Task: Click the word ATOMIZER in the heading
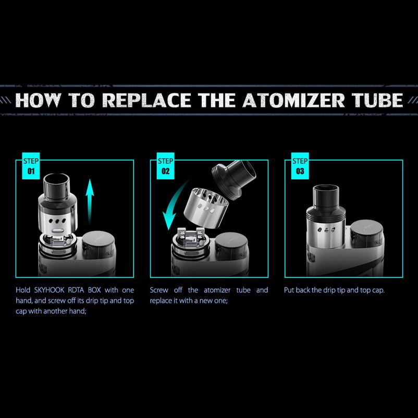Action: tap(293, 100)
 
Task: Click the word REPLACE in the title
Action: tap(146, 100)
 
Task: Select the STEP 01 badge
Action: tap(31, 166)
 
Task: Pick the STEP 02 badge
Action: tap(165, 166)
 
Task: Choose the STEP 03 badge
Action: tap(300, 166)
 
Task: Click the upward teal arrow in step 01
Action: tap(90, 201)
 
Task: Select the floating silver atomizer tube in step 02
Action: tap(206, 206)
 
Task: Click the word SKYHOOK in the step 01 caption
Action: tap(50, 290)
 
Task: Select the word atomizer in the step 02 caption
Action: tap(217, 290)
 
